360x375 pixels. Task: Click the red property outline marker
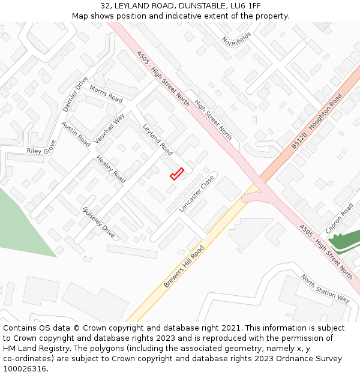pyautogui.click(x=176, y=174)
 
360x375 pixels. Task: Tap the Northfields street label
pyautogui.click(x=236, y=39)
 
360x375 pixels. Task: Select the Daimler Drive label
pyautogui.click(x=76, y=94)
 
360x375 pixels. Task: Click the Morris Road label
pyautogui.click(x=106, y=94)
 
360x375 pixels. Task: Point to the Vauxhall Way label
pyautogui.click(x=109, y=128)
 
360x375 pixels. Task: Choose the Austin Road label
pyautogui.click(x=76, y=134)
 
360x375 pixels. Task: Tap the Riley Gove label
pyautogui.click(x=41, y=147)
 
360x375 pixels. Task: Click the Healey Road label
pyautogui.click(x=111, y=169)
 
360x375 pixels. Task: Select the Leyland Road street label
pyautogui.click(x=158, y=140)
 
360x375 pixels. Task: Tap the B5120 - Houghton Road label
pyautogui.click(x=317, y=121)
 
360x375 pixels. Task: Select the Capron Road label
pyautogui.click(x=340, y=218)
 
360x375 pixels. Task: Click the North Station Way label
pyautogui.click(x=325, y=289)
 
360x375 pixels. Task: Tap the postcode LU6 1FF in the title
pyautogui.click(x=247, y=5)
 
